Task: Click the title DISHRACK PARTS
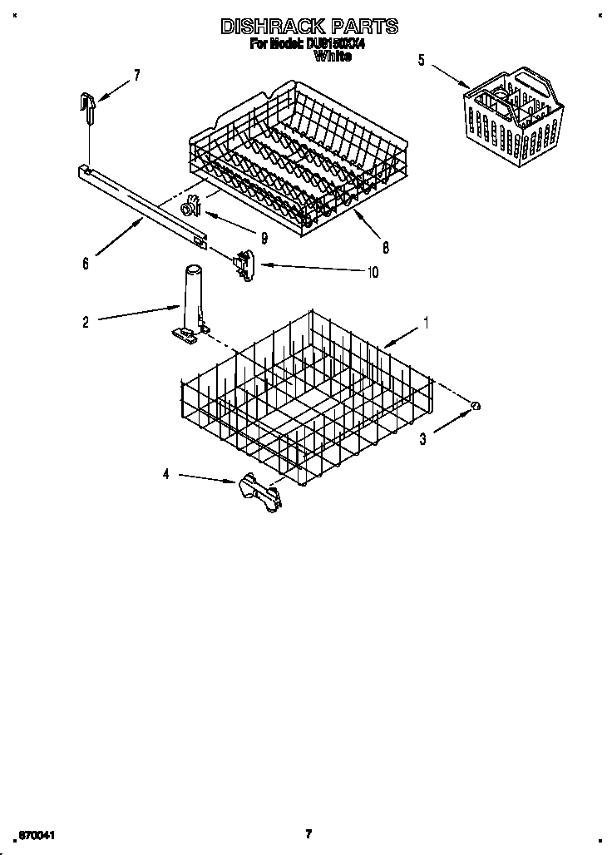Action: pyautogui.click(x=308, y=27)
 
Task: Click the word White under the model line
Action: pyautogui.click(x=333, y=57)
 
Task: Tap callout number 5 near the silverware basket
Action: pyautogui.click(x=421, y=60)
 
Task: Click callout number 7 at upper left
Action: pyautogui.click(x=137, y=75)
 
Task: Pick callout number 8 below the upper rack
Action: pyautogui.click(x=386, y=247)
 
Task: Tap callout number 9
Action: pyautogui.click(x=264, y=238)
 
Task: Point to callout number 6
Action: pyautogui.click(x=85, y=264)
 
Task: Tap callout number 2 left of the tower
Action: pyautogui.click(x=86, y=322)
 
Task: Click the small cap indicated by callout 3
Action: pyautogui.click(x=476, y=405)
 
